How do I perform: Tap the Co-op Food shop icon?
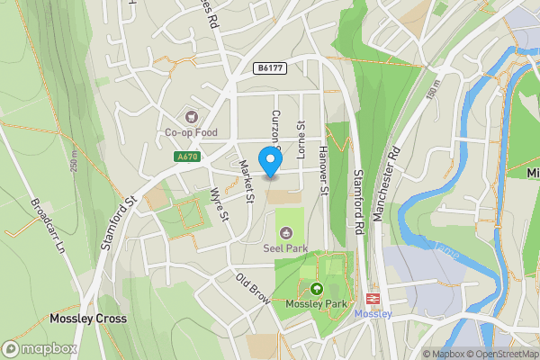click(191, 116)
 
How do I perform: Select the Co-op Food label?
click(190, 133)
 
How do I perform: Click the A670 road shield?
click(186, 157)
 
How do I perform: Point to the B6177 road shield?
click(266, 67)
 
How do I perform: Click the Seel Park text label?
click(287, 247)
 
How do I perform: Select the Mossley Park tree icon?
click(317, 289)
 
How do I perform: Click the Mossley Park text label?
click(315, 304)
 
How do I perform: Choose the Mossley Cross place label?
click(87, 319)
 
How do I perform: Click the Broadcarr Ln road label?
click(49, 225)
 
